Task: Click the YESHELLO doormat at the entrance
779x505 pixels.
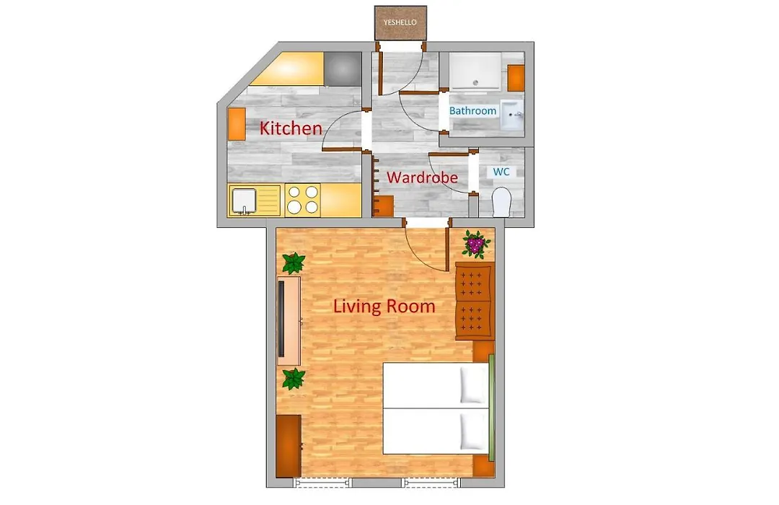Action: [x=400, y=23]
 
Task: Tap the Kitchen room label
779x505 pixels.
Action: [x=291, y=128]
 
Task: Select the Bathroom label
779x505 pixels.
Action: [x=472, y=111]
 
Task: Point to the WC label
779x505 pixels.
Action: [x=501, y=172]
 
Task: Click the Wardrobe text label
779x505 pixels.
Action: [x=422, y=177]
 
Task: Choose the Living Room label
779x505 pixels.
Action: [x=384, y=306]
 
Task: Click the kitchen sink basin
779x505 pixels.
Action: [x=244, y=201]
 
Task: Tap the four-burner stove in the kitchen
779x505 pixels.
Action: [x=302, y=199]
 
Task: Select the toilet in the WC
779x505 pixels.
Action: [x=501, y=202]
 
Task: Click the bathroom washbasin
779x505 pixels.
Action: [x=511, y=114]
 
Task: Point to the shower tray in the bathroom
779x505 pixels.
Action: [x=475, y=71]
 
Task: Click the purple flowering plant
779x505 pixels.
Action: [x=476, y=244]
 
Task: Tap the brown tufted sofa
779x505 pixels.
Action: [x=475, y=302]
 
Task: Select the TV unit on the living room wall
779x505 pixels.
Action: [x=289, y=321]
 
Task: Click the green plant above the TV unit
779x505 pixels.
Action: [x=294, y=263]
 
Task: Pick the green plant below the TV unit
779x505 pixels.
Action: [x=294, y=379]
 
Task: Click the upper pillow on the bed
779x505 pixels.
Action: [x=473, y=385]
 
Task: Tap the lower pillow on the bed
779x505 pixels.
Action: [x=473, y=431]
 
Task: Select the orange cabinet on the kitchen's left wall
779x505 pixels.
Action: [x=237, y=124]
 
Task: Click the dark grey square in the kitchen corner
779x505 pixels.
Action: [x=343, y=69]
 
